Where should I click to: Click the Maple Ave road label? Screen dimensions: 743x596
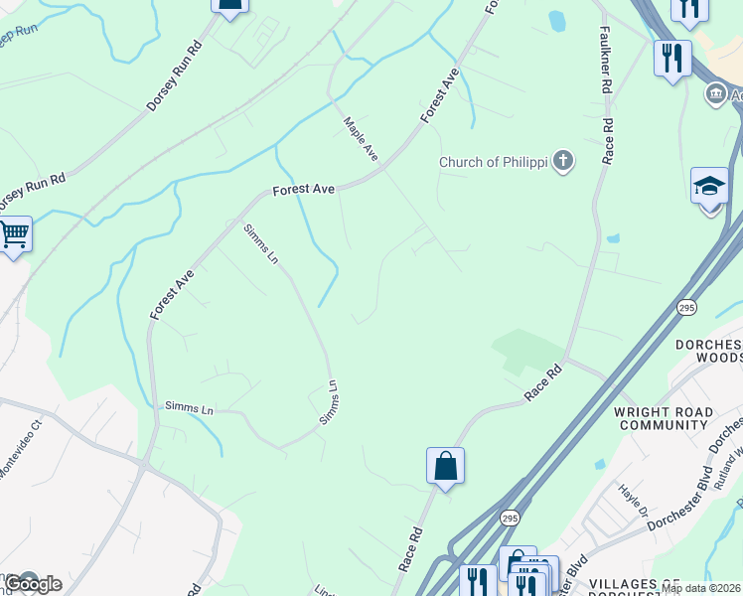(361, 139)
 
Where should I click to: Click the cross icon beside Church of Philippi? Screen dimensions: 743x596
(563, 161)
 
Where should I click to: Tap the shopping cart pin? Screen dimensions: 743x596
(13, 235)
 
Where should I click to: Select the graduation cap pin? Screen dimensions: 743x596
(709, 187)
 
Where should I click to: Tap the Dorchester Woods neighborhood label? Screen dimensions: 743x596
(712, 351)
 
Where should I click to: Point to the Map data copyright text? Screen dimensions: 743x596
(700, 588)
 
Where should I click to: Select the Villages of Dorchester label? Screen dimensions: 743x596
(665, 586)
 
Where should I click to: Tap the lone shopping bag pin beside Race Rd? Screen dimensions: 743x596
(445, 466)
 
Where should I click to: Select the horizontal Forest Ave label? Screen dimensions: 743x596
(305, 188)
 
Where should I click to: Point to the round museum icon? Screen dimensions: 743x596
(715, 94)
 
